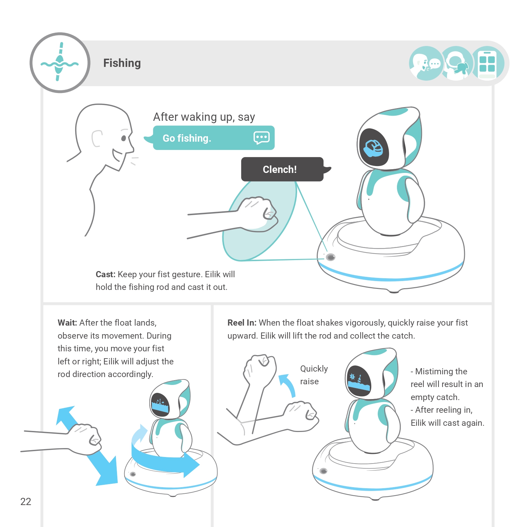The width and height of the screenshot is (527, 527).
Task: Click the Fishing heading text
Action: [122, 63]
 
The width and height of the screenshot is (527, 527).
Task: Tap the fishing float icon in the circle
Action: [60, 62]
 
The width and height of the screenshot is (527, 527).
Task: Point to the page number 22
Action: [26, 502]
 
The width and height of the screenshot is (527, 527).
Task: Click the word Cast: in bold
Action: [105, 274]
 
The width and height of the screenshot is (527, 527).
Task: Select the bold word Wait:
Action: [67, 323]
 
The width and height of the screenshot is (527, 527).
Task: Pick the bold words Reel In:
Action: [242, 323]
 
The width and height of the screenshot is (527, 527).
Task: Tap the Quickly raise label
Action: [314, 375]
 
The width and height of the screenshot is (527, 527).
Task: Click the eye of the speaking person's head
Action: [124, 138]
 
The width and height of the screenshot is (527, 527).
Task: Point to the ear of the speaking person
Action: [97, 138]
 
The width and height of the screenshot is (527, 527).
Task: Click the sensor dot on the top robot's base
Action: [330, 257]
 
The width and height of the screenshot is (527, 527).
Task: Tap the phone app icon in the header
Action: [487, 63]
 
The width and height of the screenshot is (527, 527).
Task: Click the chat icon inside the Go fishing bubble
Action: [261, 138]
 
